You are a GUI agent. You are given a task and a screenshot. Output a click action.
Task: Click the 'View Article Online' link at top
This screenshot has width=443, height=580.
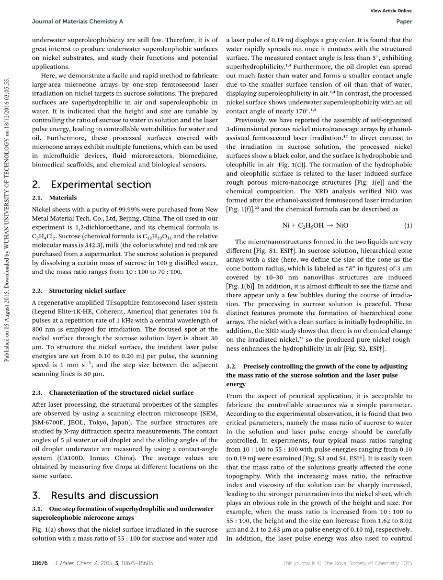(x=391, y=11)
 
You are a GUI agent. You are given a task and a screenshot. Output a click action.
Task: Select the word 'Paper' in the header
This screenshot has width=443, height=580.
(x=404, y=22)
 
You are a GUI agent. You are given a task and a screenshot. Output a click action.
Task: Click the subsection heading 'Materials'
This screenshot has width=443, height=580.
(x=63, y=198)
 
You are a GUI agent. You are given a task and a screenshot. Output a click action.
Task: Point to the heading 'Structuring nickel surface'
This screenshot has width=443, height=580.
(x=87, y=290)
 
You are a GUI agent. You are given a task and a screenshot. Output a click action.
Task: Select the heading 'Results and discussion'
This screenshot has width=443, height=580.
(x=104, y=495)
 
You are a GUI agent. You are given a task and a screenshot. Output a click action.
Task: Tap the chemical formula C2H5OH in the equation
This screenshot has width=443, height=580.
(x=313, y=225)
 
